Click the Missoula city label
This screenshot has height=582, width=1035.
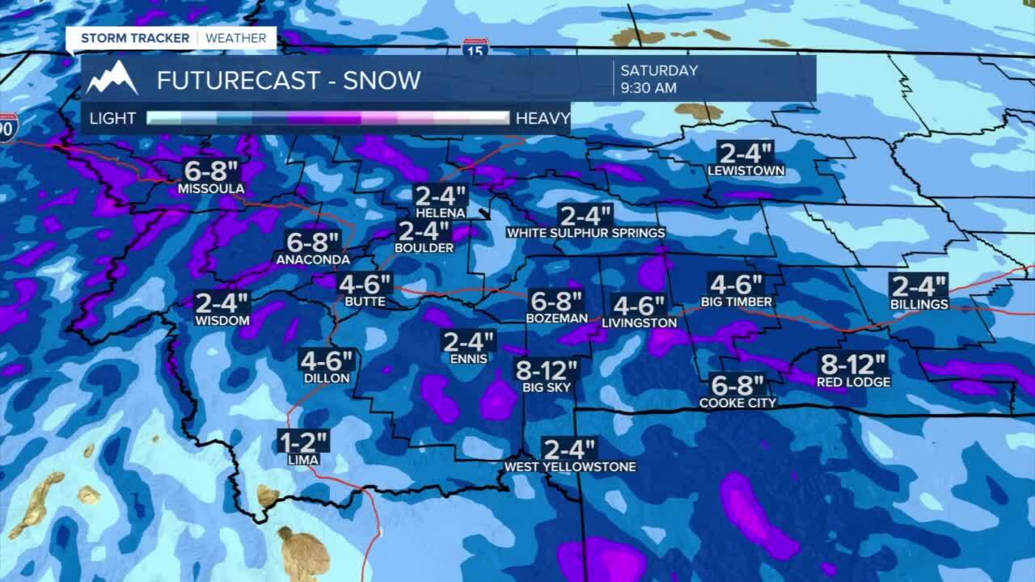(x=211, y=189)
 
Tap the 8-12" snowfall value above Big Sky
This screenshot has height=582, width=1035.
(x=547, y=370)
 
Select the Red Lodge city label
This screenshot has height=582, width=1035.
(x=853, y=382)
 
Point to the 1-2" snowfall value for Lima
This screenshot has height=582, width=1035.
(x=303, y=442)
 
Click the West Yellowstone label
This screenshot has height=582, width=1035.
(x=570, y=466)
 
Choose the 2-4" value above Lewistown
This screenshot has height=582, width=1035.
(x=746, y=152)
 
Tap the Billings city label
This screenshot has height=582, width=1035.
(x=919, y=304)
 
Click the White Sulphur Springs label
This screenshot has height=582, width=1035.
(x=585, y=233)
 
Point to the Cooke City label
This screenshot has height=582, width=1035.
(x=737, y=403)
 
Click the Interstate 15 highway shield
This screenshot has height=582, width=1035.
(x=475, y=47)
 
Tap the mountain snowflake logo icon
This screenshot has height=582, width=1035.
(x=112, y=79)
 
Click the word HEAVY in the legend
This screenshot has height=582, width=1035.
(x=543, y=118)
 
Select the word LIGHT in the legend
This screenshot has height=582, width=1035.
(x=112, y=118)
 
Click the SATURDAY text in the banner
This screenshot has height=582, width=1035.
(x=659, y=70)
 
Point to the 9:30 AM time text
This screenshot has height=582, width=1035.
(x=648, y=88)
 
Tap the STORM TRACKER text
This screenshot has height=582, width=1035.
(x=135, y=38)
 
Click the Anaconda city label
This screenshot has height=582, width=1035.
(x=313, y=259)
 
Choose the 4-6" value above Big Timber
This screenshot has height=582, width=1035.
(x=737, y=285)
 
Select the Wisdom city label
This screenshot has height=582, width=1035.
(x=222, y=320)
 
